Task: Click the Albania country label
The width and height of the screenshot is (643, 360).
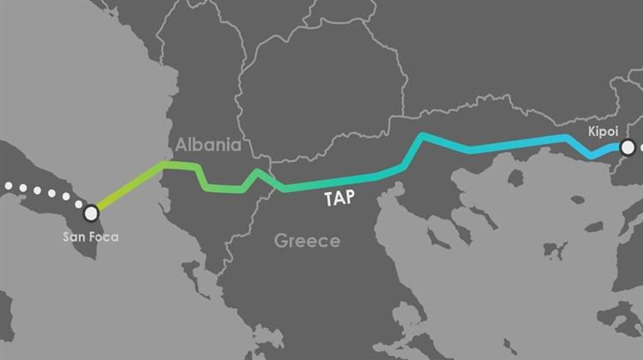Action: click(208, 143)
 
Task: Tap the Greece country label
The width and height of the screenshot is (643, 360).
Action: click(307, 241)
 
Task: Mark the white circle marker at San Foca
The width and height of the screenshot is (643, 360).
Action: click(91, 212)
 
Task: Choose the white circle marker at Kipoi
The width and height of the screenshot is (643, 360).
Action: click(628, 147)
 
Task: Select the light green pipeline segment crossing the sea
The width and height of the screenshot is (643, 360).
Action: click(129, 187)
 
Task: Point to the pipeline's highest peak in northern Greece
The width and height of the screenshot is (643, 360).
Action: click(422, 136)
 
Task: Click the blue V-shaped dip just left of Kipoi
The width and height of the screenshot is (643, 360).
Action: click(592, 157)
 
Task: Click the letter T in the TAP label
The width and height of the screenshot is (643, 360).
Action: click(328, 199)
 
